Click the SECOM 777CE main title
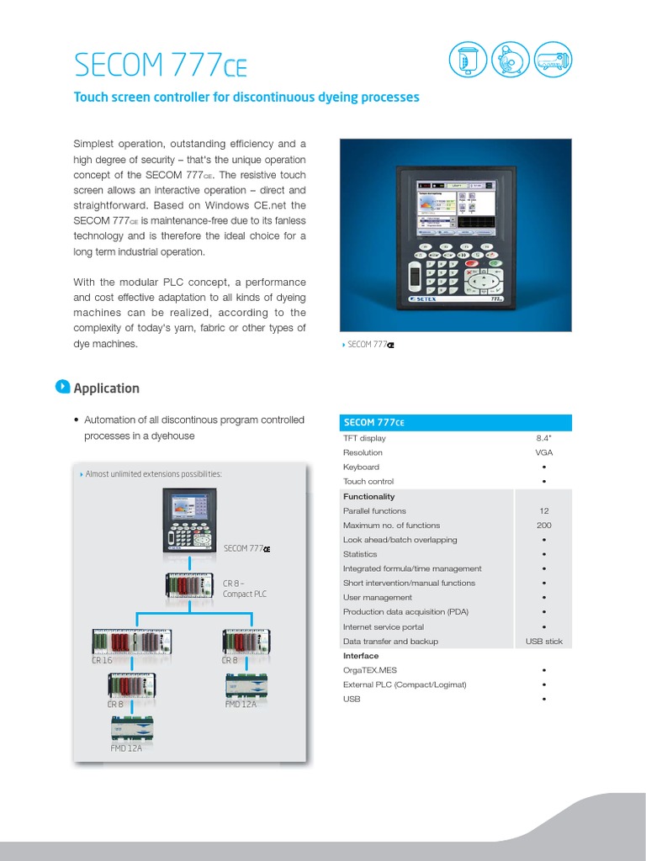tap(161, 65)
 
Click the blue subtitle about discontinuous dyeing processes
tap(246, 98)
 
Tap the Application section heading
tap(107, 388)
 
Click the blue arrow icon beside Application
tap(61, 387)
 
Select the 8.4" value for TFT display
tap(544, 438)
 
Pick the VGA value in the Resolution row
tap(544, 452)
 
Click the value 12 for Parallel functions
tap(544, 510)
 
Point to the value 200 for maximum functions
tap(544, 526)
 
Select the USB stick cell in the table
tap(543, 642)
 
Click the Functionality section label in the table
tap(368, 496)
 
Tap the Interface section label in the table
tap(361, 656)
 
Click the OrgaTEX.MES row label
tap(370, 670)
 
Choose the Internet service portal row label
tap(384, 627)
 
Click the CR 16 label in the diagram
tap(102, 661)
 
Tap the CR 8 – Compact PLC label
tap(245, 589)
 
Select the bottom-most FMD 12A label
tap(126, 747)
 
